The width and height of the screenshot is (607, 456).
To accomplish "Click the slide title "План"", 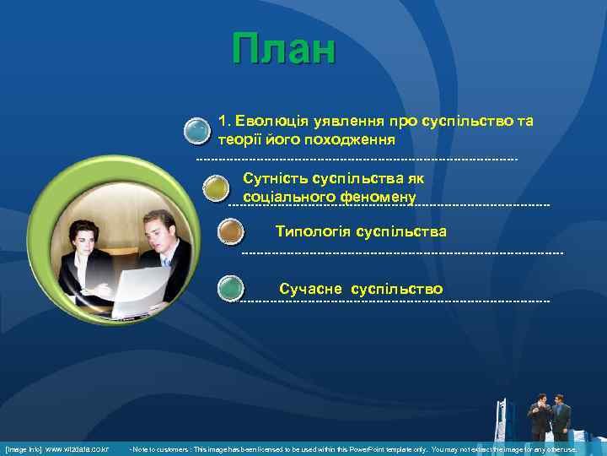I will pyautogui.click(x=284, y=50).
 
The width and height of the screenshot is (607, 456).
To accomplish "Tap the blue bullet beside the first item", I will pyautogui.click(x=197, y=131).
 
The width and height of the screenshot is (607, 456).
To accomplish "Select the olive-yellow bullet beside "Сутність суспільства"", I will pyautogui.click(x=217, y=187).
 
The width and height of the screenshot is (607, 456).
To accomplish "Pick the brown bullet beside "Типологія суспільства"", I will pyautogui.click(x=230, y=232).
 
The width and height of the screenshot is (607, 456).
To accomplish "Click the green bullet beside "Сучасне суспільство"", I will pyautogui.click(x=230, y=288).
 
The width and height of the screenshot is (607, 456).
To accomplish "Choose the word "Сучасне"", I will pyautogui.click(x=310, y=290).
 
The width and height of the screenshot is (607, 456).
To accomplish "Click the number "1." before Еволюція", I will pyautogui.click(x=224, y=122).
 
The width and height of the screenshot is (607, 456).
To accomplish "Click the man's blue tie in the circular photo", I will pyautogui.click(x=167, y=262).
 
